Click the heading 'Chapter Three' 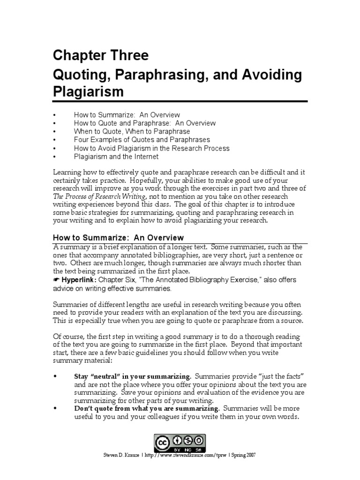point(101,56)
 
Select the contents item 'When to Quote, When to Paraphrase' point(132,131)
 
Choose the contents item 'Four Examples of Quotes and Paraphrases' point(142,140)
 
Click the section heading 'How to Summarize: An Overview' point(118,238)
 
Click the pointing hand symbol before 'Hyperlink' point(57,280)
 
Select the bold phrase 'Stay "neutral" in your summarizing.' point(133,376)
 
